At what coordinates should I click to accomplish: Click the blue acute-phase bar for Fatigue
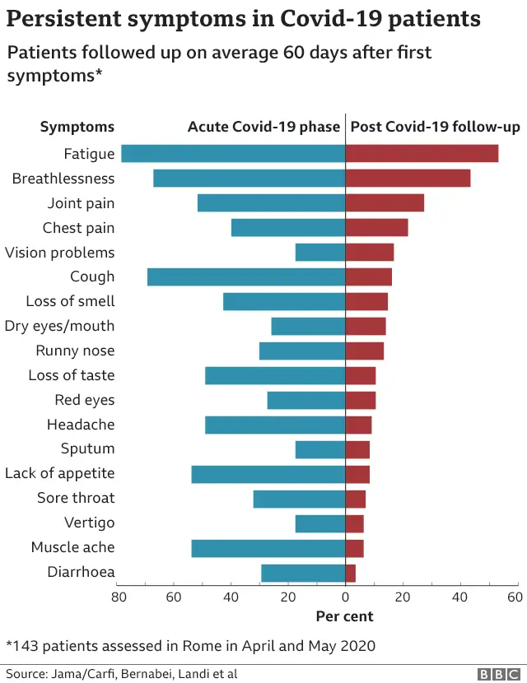coord(233,154)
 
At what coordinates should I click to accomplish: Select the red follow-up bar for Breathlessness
coord(408,179)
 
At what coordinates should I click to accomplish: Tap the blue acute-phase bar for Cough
coord(246,276)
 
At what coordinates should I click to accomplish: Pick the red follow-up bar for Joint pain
coord(385,203)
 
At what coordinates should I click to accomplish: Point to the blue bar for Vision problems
coord(320,253)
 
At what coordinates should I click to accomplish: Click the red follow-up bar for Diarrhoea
coord(351,573)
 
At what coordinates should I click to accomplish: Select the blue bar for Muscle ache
coord(268,548)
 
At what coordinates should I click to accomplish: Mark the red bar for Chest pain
coord(376,228)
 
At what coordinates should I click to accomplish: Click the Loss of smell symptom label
coord(70,301)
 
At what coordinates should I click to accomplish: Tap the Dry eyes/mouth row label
coord(59,326)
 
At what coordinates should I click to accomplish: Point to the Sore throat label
coord(76,498)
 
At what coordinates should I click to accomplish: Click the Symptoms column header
coord(77,127)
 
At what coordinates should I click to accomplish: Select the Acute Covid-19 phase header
coord(263,127)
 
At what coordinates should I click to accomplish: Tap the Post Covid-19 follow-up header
coord(436,127)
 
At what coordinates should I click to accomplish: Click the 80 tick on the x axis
coord(118,597)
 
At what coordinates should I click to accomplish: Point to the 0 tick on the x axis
coord(345,597)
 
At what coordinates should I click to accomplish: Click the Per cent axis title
coord(344,616)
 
